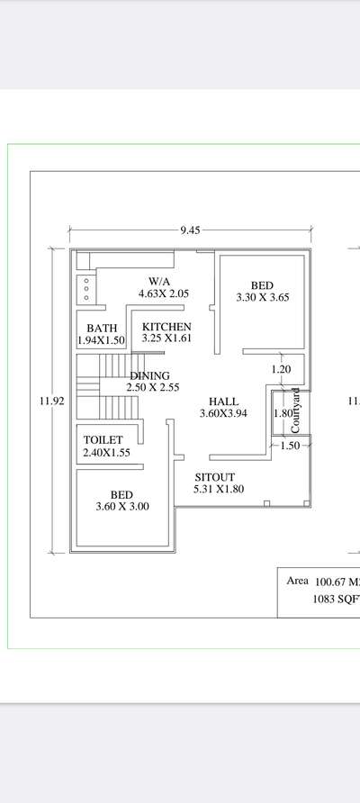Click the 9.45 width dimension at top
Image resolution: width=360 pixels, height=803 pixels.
click(189, 230)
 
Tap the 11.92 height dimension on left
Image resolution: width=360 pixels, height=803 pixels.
click(51, 401)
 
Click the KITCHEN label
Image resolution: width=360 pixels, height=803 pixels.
click(166, 326)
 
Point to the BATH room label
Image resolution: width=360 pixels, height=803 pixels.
click(102, 329)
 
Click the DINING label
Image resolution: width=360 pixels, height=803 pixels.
click(149, 375)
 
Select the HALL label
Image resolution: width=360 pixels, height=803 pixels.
click(223, 401)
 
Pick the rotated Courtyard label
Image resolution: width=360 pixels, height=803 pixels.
click(295, 411)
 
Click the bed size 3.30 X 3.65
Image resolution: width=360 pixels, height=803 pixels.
click(262, 297)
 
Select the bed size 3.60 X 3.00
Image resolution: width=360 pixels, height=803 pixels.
click(122, 507)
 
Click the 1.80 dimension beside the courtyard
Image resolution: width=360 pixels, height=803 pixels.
click(282, 413)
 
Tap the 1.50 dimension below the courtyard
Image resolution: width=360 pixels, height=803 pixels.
click(289, 446)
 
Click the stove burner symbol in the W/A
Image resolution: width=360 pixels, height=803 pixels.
click(85, 289)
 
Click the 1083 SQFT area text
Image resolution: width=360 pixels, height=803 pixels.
click(336, 598)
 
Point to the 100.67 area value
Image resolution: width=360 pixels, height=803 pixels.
click(335, 582)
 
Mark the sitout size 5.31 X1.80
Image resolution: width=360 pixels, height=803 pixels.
click(219, 489)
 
